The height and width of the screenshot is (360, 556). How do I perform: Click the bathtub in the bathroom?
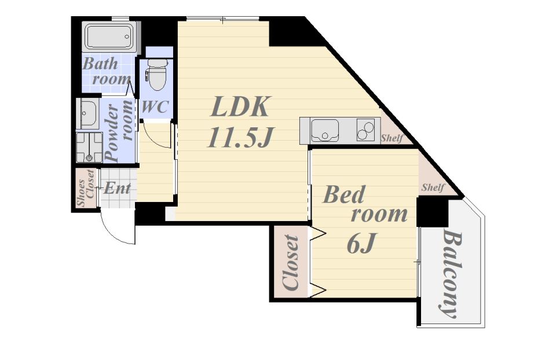(x=109, y=36)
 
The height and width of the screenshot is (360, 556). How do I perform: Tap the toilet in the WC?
(x=157, y=75)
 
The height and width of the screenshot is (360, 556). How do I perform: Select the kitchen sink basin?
(x=324, y=130)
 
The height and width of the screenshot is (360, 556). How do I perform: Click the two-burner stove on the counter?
(x=365, y=130)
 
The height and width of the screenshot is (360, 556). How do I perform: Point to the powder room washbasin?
(x=87, y=113)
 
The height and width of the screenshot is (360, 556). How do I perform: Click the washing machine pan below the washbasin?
(x=89, y=148)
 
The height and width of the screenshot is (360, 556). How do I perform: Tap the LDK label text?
(x=240, y=106)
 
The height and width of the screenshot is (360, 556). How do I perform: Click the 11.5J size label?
(x=240, y=137)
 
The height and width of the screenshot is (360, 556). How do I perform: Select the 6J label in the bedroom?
(x=361, y=243)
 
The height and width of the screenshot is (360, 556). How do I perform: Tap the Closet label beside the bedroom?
(x=291, y=263)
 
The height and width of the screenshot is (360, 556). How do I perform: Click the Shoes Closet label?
(x=86, y=188)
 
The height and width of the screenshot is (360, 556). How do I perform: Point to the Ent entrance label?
(x=117, y=188)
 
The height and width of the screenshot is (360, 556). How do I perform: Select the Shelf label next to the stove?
(x=392, y=138)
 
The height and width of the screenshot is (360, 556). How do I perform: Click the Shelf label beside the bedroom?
(x=433, y=187)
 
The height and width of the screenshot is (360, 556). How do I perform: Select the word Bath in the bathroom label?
(x=100, y=64)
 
